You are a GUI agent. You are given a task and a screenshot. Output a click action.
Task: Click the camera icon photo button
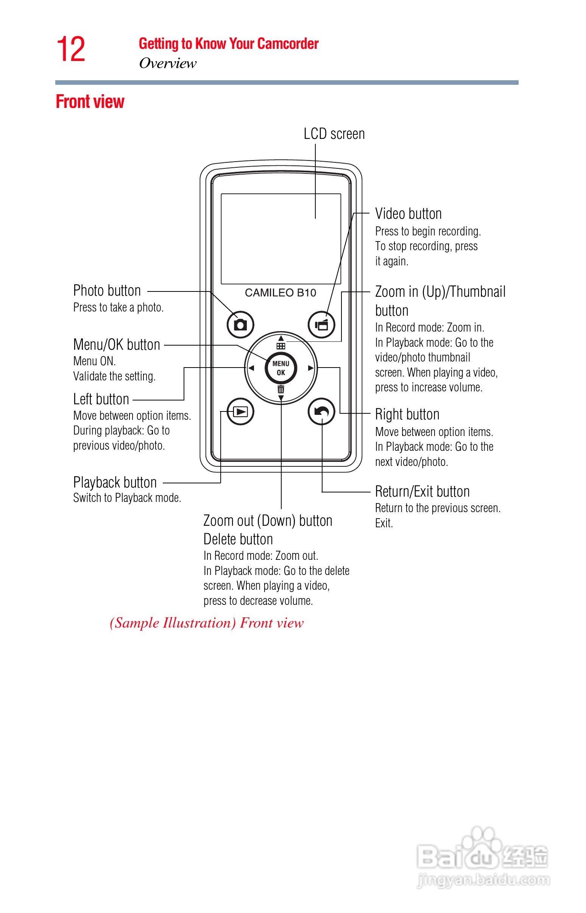240,325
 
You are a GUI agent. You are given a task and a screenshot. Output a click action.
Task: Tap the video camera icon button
321,325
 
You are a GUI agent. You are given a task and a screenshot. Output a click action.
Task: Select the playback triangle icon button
240,411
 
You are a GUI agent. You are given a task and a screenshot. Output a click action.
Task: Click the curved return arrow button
321,411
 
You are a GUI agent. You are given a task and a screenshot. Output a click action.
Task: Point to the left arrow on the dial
251,368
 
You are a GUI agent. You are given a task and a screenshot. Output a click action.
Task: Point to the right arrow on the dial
311,368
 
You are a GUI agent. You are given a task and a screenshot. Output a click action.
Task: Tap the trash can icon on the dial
281,389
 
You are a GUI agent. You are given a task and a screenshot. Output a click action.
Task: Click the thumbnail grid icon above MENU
281,346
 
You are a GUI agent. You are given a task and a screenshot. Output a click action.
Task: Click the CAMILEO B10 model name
281,293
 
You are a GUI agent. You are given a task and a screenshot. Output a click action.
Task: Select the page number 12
71,49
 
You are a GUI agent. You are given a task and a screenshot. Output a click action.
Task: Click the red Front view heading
90,101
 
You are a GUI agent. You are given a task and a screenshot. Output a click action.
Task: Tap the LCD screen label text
334,134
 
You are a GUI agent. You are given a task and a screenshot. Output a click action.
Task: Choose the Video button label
408,214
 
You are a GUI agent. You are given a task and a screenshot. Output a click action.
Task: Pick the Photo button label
107,291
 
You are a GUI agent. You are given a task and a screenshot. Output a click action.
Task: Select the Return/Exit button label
422,491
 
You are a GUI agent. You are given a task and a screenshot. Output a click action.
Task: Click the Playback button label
115,482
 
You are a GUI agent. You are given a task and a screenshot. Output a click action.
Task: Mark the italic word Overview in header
168,63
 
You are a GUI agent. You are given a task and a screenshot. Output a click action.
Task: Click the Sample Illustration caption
207,623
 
